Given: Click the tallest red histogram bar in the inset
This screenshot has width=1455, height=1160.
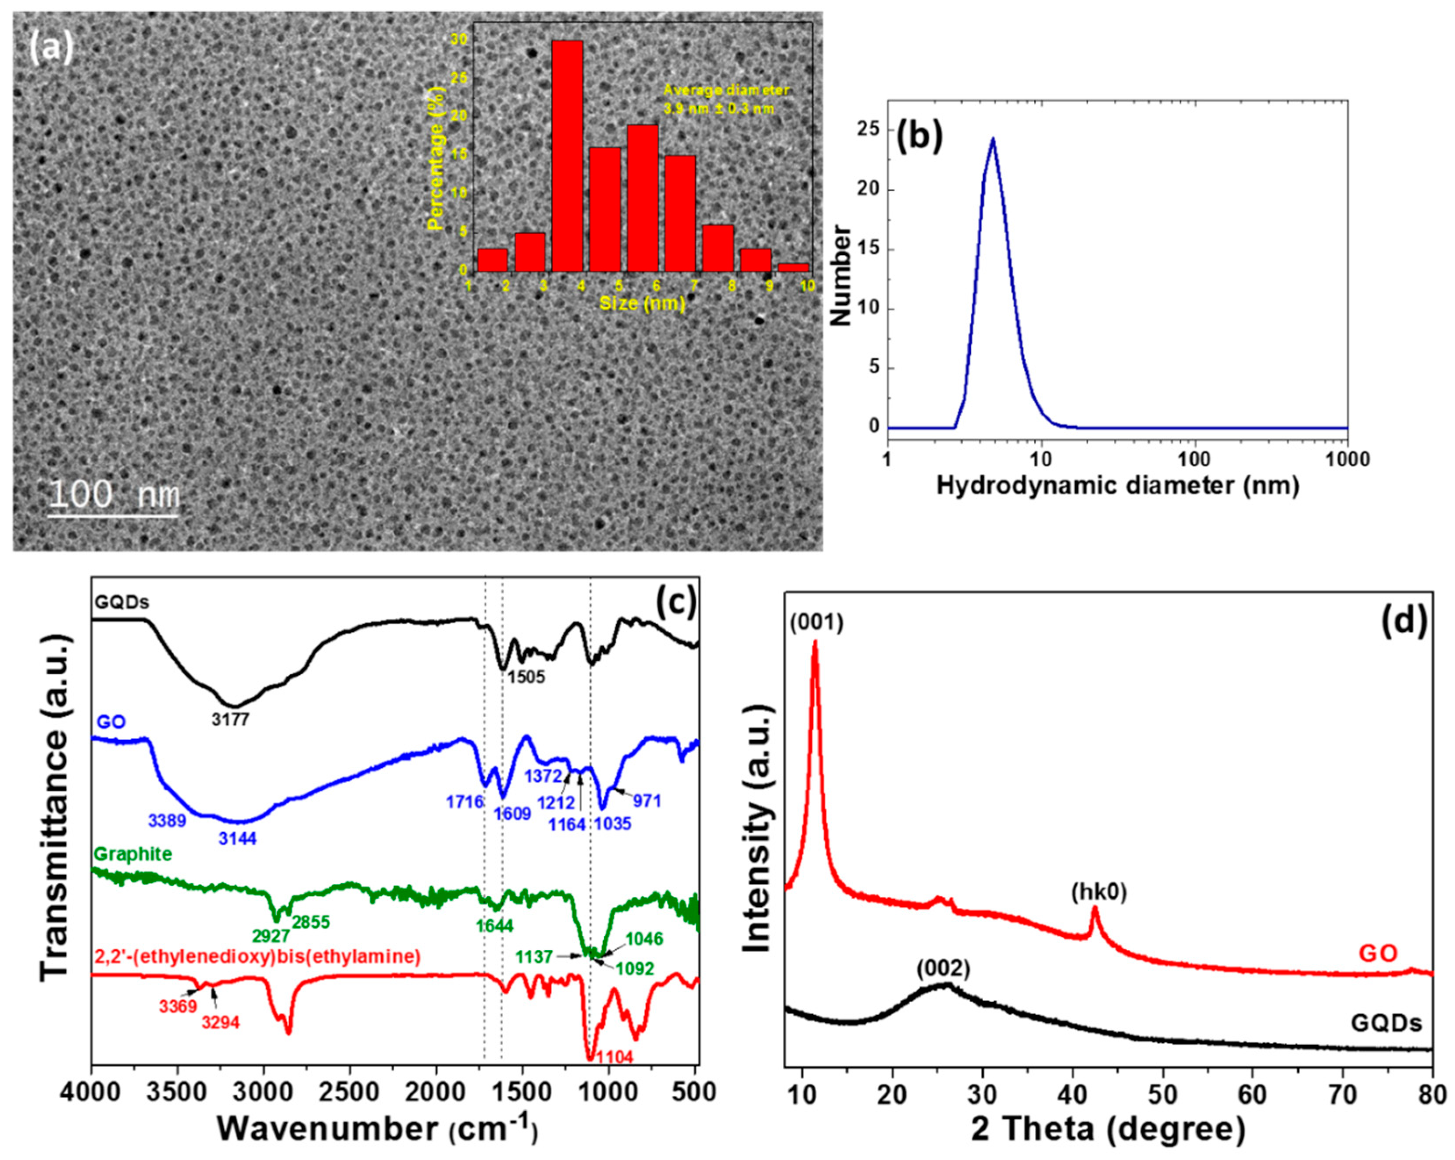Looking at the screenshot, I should [x=567, y=155].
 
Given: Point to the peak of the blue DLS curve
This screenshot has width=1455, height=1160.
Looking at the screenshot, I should [x=993, y=139].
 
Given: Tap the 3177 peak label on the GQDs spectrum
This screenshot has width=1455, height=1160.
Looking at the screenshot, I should [x=230, y=720].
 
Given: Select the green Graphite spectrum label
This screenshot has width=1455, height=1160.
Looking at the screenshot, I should [x=132, y=854].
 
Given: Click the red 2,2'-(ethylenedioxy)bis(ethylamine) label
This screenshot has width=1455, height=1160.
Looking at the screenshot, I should [x=257, y=956].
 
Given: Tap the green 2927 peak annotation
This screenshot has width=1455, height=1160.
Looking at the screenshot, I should [x=271, y=935].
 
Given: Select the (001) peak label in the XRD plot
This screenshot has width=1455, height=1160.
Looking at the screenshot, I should [x=816, y=624].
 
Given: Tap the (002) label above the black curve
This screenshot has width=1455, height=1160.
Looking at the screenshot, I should [x=943, y=969].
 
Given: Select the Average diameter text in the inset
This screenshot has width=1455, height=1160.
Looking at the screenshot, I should [x=726, y=90].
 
